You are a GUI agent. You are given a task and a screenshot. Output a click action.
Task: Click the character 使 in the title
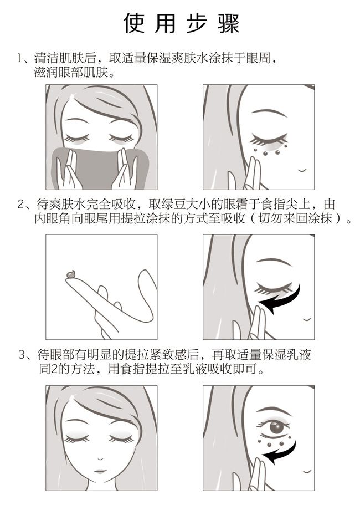click(135, 24)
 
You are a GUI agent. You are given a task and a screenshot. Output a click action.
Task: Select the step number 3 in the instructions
click(22, 355)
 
